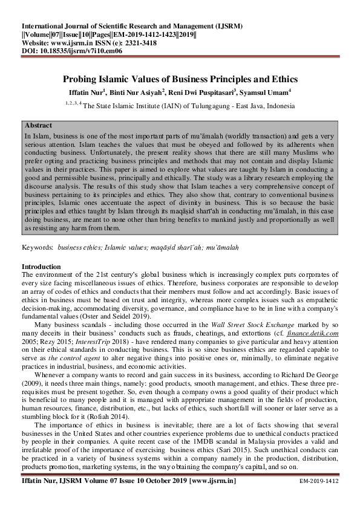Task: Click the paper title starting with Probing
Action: (180, 79)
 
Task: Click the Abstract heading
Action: (39, 125)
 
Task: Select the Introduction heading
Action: (41, 267)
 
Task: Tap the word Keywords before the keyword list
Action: (38, 248)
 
